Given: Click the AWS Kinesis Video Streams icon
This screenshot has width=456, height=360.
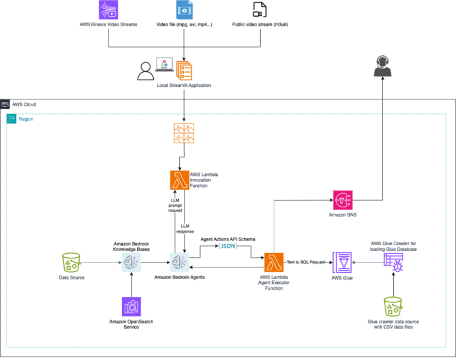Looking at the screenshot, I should click(109, 10).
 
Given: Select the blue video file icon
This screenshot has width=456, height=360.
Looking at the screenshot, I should click(184, 10).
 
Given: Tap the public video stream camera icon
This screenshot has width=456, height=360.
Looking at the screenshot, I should click(259, 10).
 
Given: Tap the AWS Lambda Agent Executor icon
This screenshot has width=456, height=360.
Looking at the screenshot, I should click(273, 261).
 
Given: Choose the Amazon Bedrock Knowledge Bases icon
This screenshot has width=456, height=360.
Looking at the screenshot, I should click(132, 261).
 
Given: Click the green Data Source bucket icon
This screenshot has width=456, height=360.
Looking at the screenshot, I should click(72, 262).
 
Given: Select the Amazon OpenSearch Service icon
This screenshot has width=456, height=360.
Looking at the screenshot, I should click(131, 307).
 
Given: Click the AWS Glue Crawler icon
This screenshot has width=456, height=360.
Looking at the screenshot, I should click(392, 261).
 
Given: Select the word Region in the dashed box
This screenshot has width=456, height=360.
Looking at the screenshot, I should click(26, 119).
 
